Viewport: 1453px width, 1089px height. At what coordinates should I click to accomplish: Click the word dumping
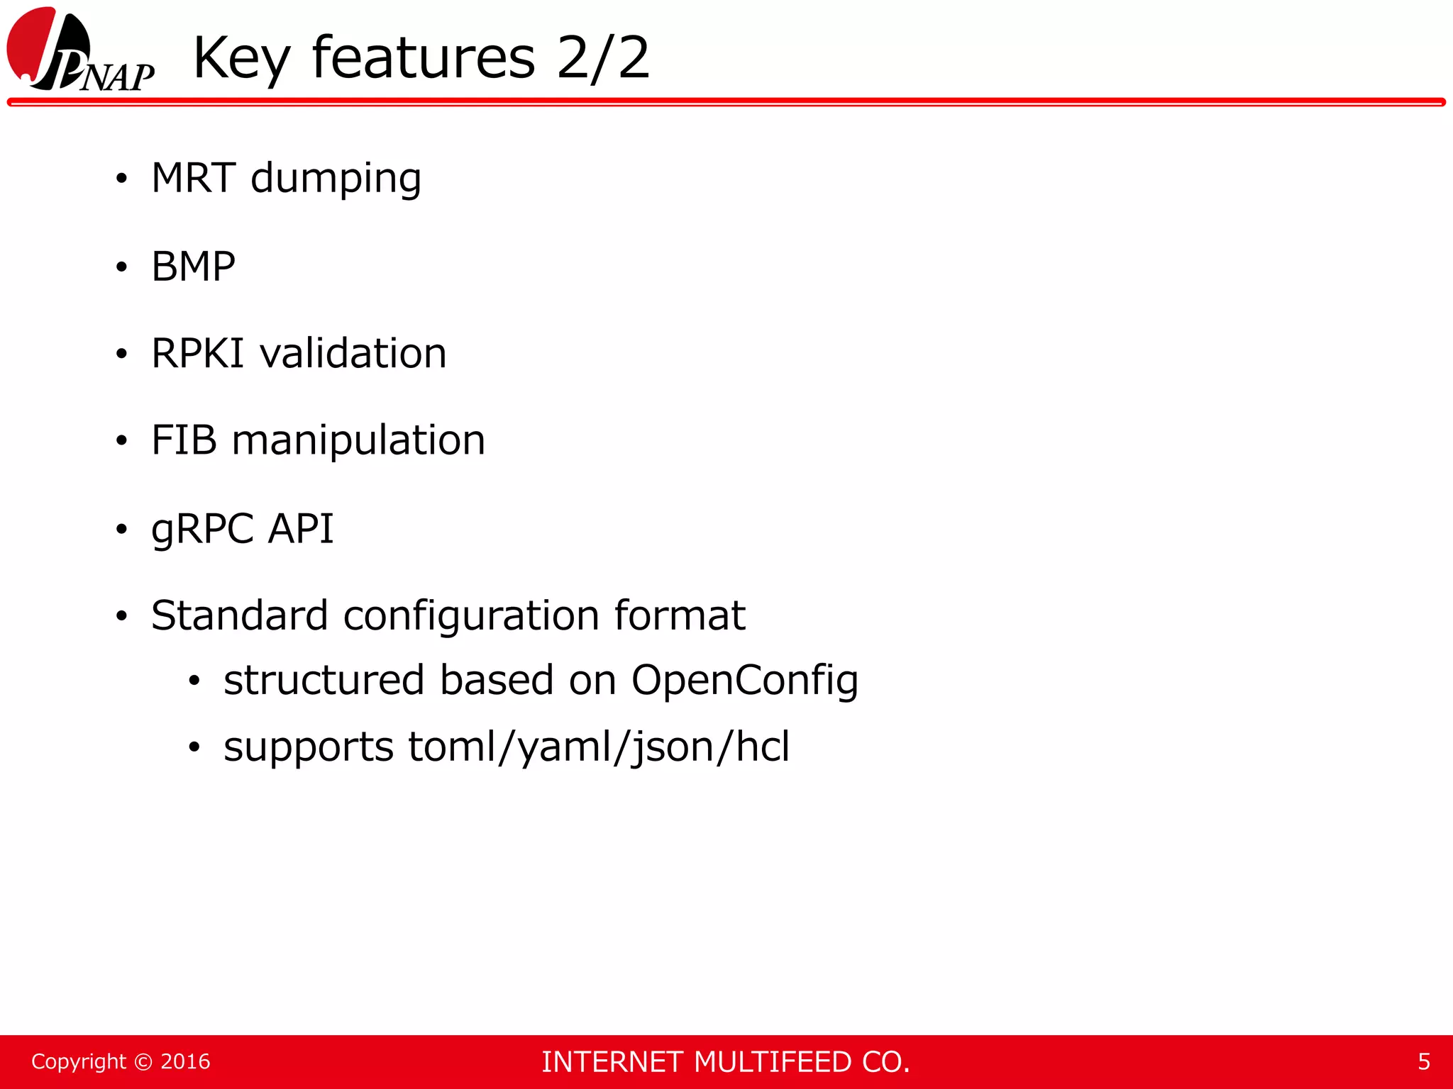tap(336, 179)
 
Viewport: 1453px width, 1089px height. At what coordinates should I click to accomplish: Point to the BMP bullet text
tap(193, 267)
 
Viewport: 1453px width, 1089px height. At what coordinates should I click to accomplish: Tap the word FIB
tap(184, 440)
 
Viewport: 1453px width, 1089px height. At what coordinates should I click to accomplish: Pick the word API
tap(301, 528)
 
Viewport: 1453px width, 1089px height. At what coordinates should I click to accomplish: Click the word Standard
tap(239, 615)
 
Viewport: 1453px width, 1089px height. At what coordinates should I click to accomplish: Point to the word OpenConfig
tap(744, 681)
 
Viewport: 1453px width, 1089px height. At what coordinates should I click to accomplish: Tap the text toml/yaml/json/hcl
tap(598, 747)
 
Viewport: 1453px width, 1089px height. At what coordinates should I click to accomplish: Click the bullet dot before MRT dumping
tap(122, 179)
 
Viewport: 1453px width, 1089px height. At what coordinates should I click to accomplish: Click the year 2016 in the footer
tap(185, 1061)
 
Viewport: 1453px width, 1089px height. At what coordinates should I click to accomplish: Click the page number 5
tap(1423, 1061)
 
